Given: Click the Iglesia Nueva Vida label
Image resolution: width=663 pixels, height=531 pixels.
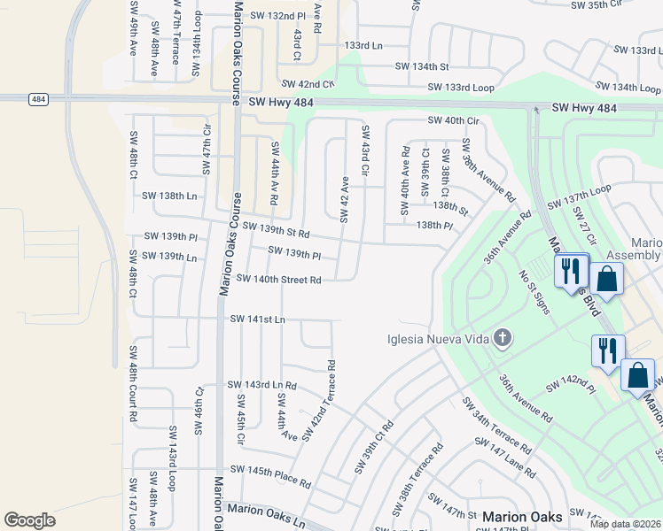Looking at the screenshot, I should pos(438,339).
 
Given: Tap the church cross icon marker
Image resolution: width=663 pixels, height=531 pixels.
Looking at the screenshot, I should pos(503,337).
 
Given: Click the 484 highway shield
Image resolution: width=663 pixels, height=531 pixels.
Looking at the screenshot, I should pos(36,98).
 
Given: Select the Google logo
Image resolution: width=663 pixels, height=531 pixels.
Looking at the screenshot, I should pos(29,519).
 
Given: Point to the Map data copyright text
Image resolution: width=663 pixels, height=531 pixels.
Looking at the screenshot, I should pos(626,524).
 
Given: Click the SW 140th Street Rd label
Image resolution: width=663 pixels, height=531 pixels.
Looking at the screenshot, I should pos(278,280).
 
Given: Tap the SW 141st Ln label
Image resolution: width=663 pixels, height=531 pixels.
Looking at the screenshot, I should pos(258,319).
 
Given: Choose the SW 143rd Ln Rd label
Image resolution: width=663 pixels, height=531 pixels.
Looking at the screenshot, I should pos(261,385).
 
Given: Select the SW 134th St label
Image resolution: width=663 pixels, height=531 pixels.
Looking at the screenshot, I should pos(422,66).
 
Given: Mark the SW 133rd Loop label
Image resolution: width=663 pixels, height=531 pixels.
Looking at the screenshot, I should pos(460,87).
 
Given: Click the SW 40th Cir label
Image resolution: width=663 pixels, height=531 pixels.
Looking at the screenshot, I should pos(453,120).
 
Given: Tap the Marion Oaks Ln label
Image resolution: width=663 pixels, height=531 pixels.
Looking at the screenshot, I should pos(266,509).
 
